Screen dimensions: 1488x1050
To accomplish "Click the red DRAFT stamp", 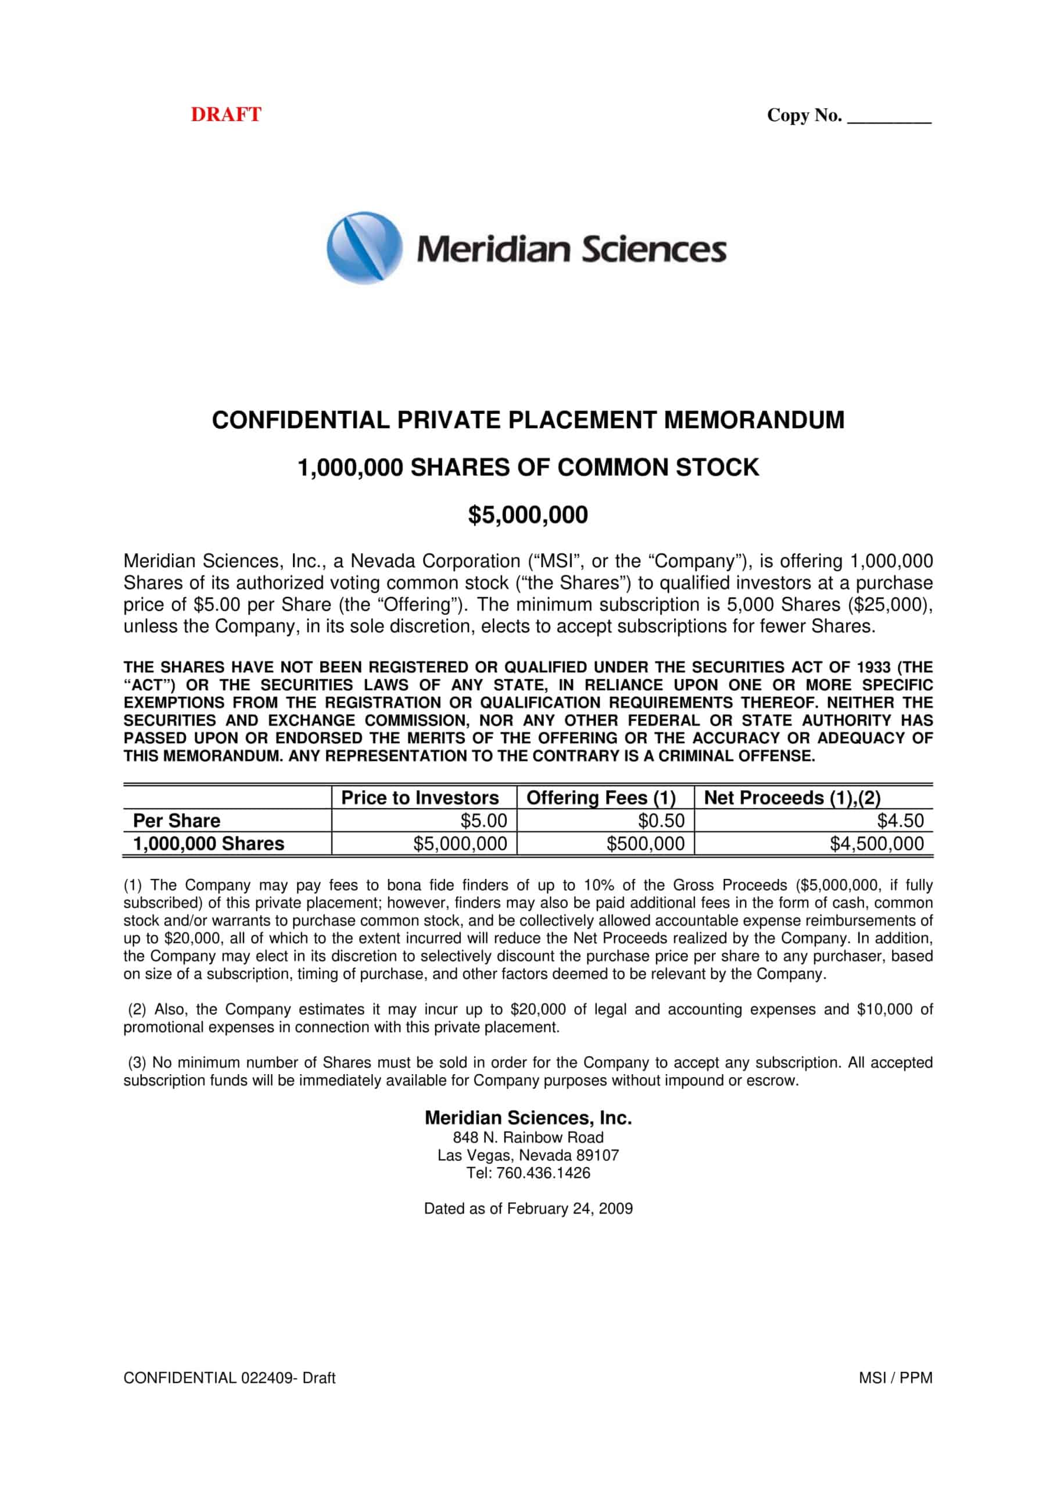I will click(225, 115).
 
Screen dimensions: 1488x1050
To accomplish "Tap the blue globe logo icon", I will click(364, 248).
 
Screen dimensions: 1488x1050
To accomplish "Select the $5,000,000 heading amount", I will click(528, 514).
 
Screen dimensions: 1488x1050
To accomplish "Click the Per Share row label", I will click(176, 821).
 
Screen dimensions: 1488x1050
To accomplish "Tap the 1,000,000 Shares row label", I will click(209, 843).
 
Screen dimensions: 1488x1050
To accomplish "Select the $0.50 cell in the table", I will click(661, 821).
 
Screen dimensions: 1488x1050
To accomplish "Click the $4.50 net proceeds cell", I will click(900, 821).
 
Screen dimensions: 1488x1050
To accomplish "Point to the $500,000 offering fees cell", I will click(645, 843).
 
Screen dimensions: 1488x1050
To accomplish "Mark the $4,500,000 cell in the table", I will click(876, 843).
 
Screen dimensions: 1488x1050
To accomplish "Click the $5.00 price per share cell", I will click(483, 821).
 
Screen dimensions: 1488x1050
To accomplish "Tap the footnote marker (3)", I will click(137, 1063).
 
